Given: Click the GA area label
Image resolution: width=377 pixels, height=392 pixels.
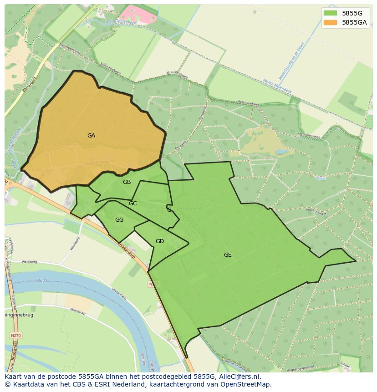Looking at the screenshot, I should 91,136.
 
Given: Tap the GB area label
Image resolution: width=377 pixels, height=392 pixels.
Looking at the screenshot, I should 127,182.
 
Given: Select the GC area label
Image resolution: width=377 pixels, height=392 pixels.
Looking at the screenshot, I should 132,204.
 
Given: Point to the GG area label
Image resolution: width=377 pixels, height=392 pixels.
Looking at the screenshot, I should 119,220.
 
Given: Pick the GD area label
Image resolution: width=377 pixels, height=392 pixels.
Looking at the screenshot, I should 159,241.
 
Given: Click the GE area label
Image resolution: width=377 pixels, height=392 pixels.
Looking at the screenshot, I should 228,255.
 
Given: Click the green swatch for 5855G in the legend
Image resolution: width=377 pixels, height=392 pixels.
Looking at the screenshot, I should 330,13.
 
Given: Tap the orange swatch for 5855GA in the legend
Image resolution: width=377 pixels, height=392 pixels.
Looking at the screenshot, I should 330,22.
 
